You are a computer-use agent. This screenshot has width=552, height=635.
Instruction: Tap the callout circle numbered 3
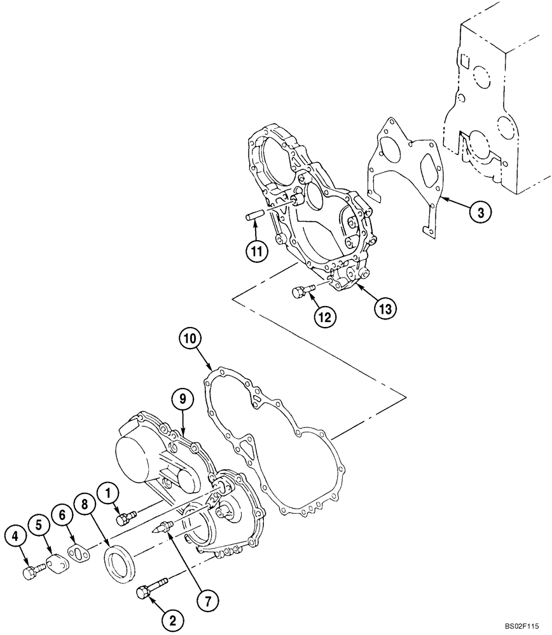coord(481,213)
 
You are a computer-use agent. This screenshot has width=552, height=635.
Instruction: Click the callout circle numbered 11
coord(257,251)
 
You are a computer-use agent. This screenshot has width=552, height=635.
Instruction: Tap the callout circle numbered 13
coord(385,308)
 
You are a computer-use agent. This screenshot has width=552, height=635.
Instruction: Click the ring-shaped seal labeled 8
coord(119,563)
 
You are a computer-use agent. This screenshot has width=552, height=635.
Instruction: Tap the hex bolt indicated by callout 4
coord(32,571)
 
